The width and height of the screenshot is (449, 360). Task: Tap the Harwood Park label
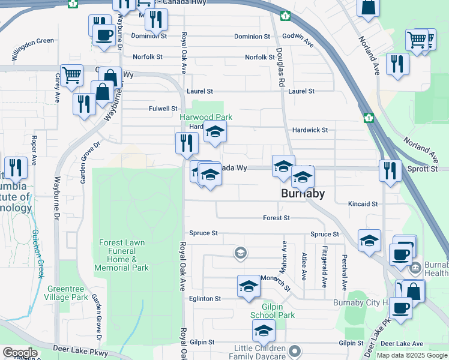click(206, 117)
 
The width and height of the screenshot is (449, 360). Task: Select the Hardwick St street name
click(310, 130)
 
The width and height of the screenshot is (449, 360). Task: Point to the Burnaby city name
click(303, 193)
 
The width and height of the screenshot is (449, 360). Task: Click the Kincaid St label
click(363, 204)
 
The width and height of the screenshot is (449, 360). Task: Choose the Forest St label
click(276, 218)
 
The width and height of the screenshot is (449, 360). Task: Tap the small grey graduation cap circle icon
click(240, 253)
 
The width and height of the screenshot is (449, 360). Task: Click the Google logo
click(19, 353)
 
